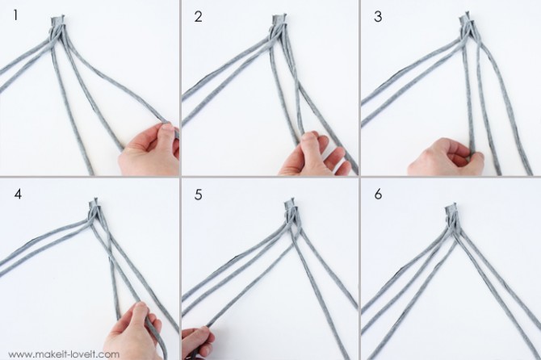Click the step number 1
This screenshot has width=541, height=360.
point(15,16)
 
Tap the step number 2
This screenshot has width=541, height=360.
point(198,17)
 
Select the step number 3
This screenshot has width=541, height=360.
point(378,17)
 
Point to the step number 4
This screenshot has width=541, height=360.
point(18,195)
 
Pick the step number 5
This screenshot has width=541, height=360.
point(198,195)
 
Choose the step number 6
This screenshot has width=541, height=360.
point(378,195)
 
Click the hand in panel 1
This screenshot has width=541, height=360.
point(149,149)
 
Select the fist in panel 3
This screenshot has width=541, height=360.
point(446,157)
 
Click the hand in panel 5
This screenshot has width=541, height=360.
point(197,342)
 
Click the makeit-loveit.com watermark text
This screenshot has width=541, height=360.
point(64,354)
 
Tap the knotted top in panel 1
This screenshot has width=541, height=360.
point(57,22)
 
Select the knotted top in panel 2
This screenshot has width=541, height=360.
point(279,21)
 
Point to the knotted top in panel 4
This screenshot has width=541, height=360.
point(94,205)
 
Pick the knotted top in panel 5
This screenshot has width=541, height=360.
point(290,206)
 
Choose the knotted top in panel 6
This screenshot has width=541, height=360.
point(451,211)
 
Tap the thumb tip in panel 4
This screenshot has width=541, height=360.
point(140,306)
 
